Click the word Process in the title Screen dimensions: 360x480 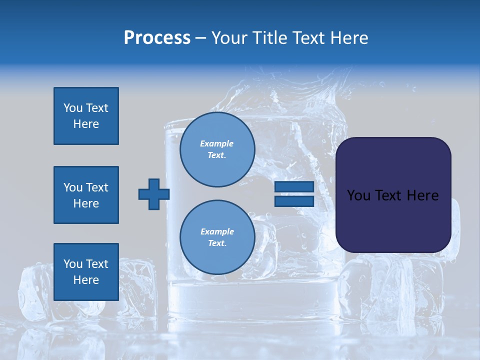click(x=157, y=38)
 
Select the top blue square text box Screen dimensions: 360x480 click(x=86, y=116)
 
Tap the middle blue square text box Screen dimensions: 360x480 click(x=86, y=195)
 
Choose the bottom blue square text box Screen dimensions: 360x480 click(x=86, y=272)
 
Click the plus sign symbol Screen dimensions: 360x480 click(x=154, y=194)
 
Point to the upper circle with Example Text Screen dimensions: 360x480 click(x=217, y=149)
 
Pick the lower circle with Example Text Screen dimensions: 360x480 click(x=217, y=237)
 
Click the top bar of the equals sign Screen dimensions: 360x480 click(x=294, y=187)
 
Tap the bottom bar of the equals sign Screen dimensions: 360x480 click(x=294, y=201)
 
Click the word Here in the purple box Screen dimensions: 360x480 click(x=422, y=195)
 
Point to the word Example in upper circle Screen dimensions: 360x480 click(x=217, y=143)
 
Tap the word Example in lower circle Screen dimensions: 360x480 click(x=217, y=231)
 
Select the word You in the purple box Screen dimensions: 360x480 click(x=358, y=195)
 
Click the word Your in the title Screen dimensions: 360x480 click(x=230, y=38)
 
